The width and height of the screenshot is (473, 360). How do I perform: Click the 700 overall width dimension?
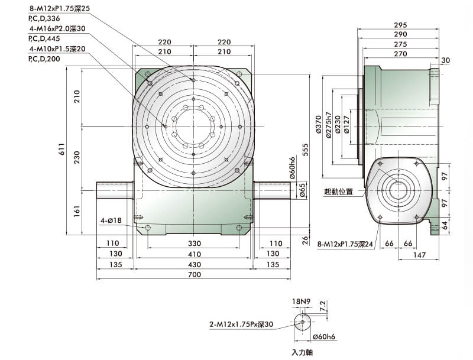[195, 275]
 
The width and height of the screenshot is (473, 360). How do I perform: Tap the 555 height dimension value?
[306, 151]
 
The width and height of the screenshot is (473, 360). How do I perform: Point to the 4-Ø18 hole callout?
[111, 221]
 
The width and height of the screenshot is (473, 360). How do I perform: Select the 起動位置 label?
[338, 192]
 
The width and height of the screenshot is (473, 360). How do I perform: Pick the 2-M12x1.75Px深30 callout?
[241, 325]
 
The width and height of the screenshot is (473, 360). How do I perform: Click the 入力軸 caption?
[302, 352]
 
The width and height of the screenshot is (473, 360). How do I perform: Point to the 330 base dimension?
[195, 244]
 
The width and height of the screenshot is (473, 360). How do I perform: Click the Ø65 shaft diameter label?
[302, 190]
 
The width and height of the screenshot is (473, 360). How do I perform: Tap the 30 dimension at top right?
[445, 60]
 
